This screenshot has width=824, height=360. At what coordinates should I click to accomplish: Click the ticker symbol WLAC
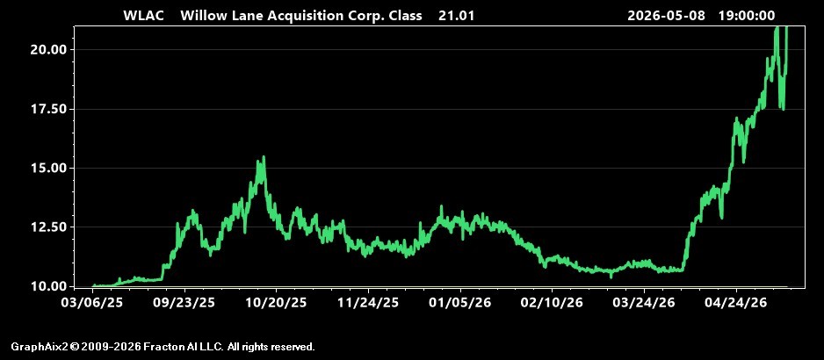pyautogui.click(x=143, y=16)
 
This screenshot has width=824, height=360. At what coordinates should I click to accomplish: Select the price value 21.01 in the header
pyautogui.click(x=456, y=16)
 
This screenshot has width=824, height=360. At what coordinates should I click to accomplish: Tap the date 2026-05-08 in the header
pyautogui.click(x=667, y=16)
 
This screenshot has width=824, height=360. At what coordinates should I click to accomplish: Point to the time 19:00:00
pyautogui.click(x=747, y=16)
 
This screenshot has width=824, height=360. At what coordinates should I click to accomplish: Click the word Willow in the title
pyautogui.click(x=202, y=16)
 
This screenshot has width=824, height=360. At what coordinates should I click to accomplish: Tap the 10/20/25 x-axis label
pyautogui.click(x=277, y=303)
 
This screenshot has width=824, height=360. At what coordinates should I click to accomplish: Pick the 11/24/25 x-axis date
pyautogui.click(x=368, y=303)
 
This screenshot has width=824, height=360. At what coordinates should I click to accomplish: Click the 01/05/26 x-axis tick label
pyautogui.click(x=460, y=303)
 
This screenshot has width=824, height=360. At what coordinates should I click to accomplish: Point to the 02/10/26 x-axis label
pyautogui.click(x=553, y=303)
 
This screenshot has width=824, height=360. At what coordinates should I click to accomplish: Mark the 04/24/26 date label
pyautogui.click(x=736, y=303)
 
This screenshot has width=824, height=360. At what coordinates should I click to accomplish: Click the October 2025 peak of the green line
pyautogui.click(x=264, y=156)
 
